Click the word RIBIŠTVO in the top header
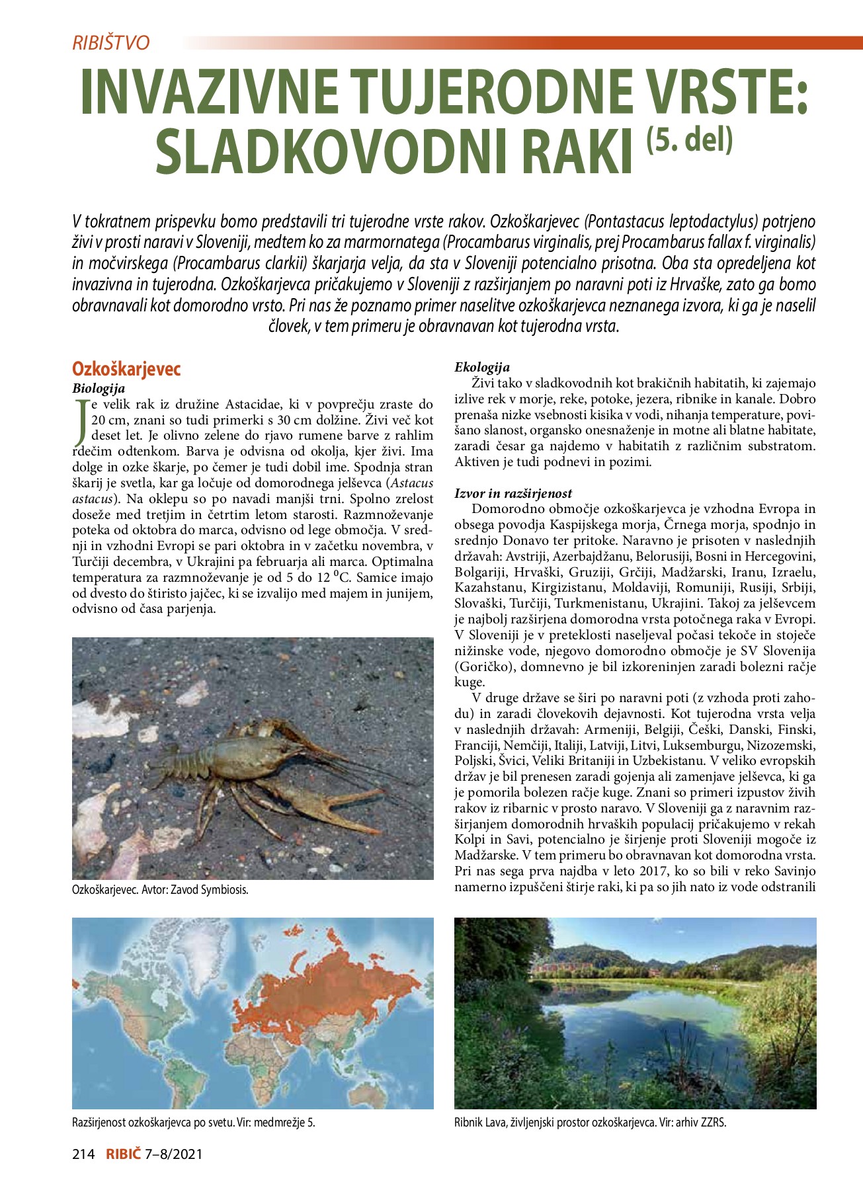click(111, 43)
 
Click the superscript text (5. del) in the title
click(690, 140)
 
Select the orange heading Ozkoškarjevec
click(126, 369)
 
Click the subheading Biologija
click(99, 389)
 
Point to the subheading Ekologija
click(482, 368)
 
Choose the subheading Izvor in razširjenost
click(513, 493)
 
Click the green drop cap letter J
click(81, 420)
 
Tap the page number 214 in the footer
click(84, 1154)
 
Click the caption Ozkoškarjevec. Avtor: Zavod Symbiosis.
click(160, 890)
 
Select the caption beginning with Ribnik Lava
click(590, 1122)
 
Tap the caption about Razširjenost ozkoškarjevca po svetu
click(193, 1122)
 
